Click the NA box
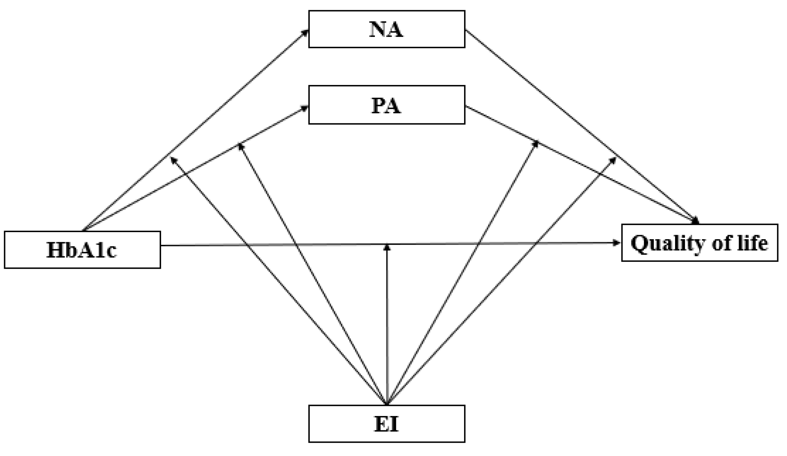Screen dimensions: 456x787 coord(386,29)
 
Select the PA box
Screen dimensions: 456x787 coord(386,105)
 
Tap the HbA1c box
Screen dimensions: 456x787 coord(82,250)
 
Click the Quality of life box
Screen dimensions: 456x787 coord(699,243)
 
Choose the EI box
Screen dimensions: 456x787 coord(386,424)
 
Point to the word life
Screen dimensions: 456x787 coord(753,243)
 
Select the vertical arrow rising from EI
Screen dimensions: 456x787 coord(387,322)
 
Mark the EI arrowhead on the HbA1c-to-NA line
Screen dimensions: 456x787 coord(173,160)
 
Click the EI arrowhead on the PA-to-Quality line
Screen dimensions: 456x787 coord(536,144)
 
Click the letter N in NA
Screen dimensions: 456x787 coord(378,29)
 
